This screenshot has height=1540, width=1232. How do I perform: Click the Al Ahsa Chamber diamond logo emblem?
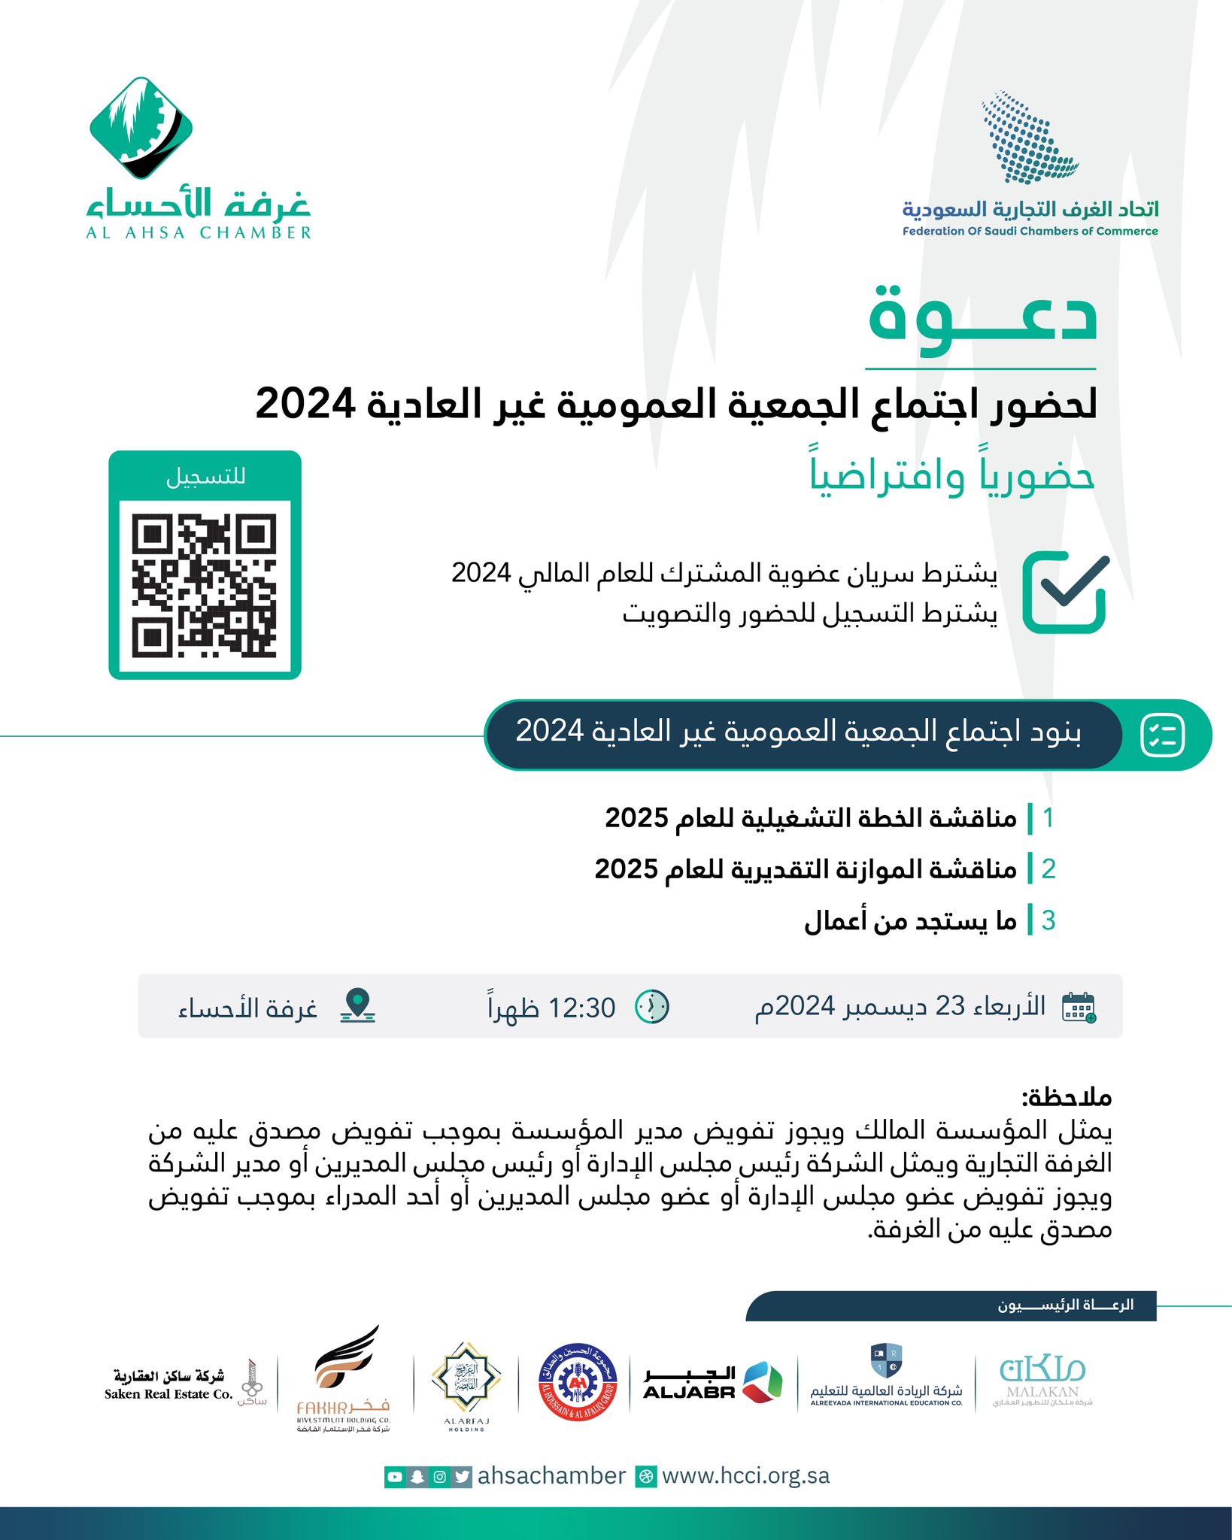(x=141, y=128)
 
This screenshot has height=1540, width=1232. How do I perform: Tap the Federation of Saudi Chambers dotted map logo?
(x=1030, y=138)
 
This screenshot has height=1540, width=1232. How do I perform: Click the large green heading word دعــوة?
(x=982, y=317)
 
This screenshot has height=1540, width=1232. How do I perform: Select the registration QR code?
(x=205, y=586)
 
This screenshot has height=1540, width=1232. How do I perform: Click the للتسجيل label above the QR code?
(x=205, y=477)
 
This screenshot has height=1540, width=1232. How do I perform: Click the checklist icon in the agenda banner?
(x=1162, y=735)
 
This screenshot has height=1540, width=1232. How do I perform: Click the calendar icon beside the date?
(x=1079, y=1007)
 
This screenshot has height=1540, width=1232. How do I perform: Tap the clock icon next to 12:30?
(x=652, y=1007)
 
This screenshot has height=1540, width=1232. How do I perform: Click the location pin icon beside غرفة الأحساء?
(x=358, y=1006)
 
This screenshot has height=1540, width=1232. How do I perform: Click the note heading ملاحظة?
(x=1066, y=1097)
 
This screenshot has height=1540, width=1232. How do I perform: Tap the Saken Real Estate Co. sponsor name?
(x=168, y=1385)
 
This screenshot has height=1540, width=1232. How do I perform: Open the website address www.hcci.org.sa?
(x=745, y=1476)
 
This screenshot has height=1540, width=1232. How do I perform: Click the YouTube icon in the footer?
(x=395, y=1477)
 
